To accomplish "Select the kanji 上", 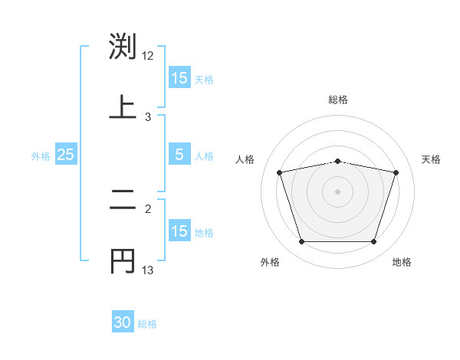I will click(x=123, y=106).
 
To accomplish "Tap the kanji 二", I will click(x=123, y=201).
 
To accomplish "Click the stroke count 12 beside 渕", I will click(x=148, y=56).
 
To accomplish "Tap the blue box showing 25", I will click(x=65, y=155).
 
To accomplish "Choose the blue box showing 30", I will click(x=123, y=322).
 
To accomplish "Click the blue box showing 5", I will click(x=179, y=155).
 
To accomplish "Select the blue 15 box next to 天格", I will click(x=179, y=78).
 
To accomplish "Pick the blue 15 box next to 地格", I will click(x=179, y=231).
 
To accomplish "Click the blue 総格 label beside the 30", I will click(x=148, y=324).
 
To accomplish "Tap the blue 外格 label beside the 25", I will click(x=41, y=155).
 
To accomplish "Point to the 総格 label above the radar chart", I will click(x=338, y=100).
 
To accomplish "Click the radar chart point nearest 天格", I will click(x=396, y=173).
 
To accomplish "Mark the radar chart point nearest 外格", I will click(x=301, y=242).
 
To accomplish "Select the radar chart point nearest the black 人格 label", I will click(x=280, y=173).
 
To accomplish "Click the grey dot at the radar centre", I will click(x=337, y=191).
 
